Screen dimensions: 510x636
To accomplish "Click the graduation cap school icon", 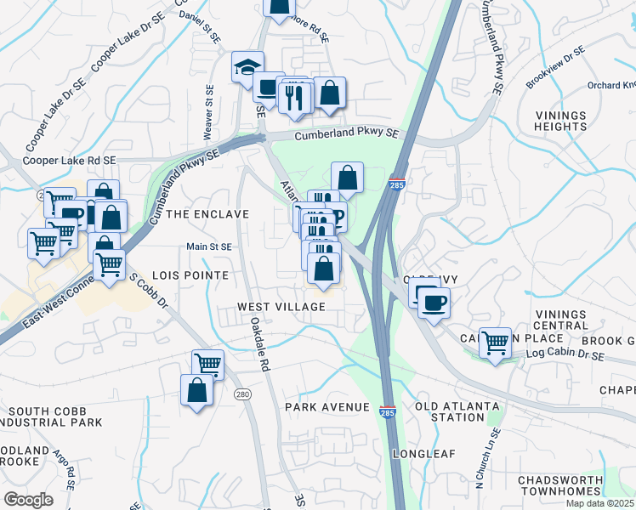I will click(247, 67).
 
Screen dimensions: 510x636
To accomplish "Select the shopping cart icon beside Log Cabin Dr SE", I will click(495, 343).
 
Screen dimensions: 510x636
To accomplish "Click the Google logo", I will click(27, 500).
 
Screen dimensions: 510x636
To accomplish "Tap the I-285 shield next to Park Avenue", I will click(387, 409).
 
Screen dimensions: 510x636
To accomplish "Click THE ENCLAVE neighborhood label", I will click(208, 214).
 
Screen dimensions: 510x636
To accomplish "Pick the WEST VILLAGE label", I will click(281, 306).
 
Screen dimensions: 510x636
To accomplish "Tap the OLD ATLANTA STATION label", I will click(450, 411).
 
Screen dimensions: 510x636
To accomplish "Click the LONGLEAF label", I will click(421, 454).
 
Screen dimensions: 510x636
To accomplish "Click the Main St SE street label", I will click(209, 246).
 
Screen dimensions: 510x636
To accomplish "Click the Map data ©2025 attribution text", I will click(599, 503).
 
